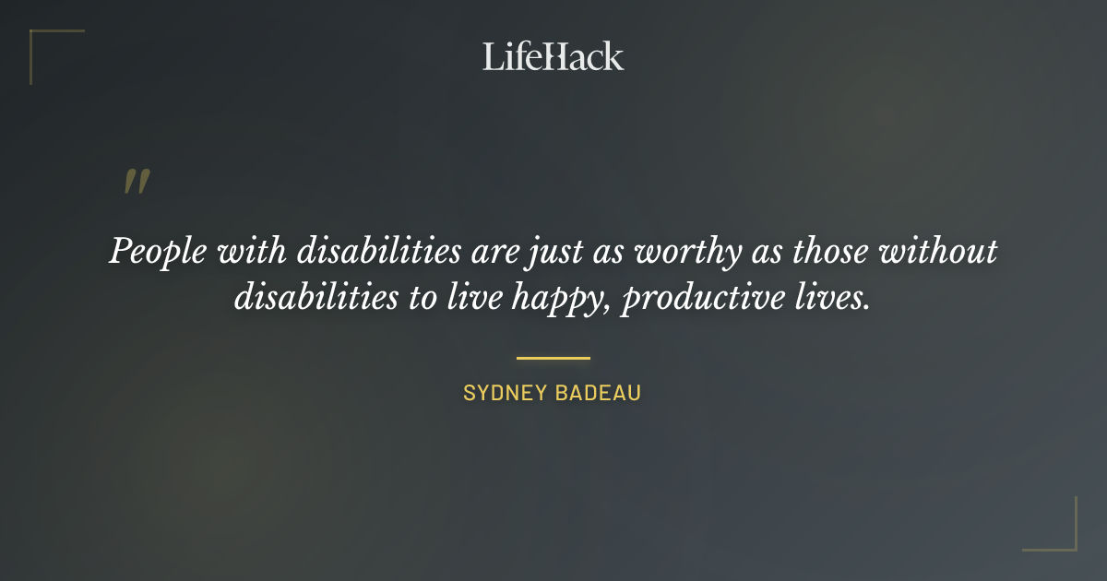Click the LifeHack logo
(x=553, y=56)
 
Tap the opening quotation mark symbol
(x=136, y=182)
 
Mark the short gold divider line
(x=553, y=358)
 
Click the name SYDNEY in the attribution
(x=502, y=393)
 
